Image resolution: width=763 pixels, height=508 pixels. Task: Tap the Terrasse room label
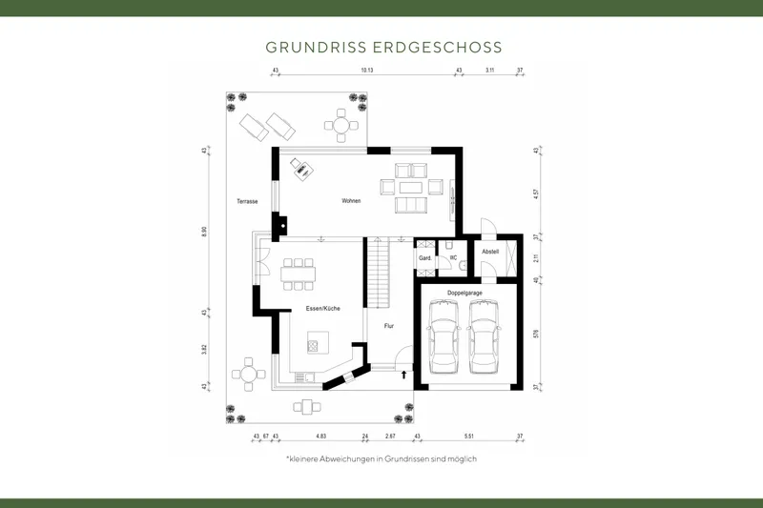[x=248, y=202]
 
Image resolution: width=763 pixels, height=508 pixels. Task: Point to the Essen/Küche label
[x=323, y=308]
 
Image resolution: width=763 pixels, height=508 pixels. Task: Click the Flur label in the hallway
[x=388, y=326]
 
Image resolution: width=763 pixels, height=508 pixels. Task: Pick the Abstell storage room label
[x=490, y=252]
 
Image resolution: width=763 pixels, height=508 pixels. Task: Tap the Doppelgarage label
[x=464, y=293]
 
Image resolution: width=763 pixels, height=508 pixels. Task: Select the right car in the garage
[x=485, y=338]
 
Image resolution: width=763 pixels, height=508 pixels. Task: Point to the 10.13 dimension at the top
[x=367, y=71]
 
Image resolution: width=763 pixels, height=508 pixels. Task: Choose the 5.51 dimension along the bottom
[x=467, y=436]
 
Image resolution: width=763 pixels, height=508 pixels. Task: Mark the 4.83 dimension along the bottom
[x=321, y=436]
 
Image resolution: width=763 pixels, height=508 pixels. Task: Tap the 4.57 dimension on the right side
[x=536, y=193]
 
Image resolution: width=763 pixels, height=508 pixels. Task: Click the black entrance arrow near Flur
[x=403, y=375]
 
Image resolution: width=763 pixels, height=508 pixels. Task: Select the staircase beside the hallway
[x=379, y=274]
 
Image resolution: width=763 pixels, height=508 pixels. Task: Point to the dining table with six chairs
[x=299, y=274]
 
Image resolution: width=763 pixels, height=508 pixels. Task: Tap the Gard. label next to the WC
[x=425, y=258]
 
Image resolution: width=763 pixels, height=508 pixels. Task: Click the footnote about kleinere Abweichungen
[x=381, y=459]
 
